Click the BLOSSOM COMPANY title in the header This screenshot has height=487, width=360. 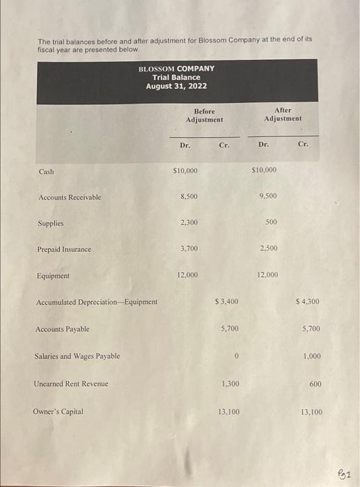tap(176, 68)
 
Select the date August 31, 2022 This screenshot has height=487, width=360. tap(176, 86)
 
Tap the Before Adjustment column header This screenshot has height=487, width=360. tap(204, 115)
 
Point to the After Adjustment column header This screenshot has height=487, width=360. tap(283, 114)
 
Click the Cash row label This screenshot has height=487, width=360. tap(46, 171)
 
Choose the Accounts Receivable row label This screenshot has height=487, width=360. tap(70, 198)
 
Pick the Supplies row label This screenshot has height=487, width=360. tap(50, 223)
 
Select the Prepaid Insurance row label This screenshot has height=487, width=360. tap(64, 249)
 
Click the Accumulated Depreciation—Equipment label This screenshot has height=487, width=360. tap(97, 302)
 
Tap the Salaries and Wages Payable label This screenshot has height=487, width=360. tap(77, 356)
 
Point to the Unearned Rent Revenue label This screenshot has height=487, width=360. tap(71, 383)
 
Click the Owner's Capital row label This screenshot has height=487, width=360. tap(58, 411)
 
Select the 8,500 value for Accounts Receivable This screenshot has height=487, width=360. tap(188, 197)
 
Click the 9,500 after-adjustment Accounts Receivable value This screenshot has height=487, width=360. tap(267, 196)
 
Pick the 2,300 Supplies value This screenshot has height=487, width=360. tap(188, 223)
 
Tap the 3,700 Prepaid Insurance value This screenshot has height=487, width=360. tap(188, 248)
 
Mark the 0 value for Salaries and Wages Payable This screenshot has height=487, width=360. tap(237, 356)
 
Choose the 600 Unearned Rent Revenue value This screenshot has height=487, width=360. tap(315, 383)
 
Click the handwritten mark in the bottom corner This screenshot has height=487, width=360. tap(346, 474)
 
